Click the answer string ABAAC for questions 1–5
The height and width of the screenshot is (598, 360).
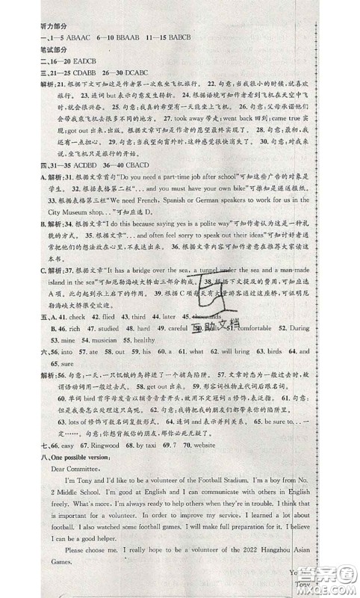[70, 37]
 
